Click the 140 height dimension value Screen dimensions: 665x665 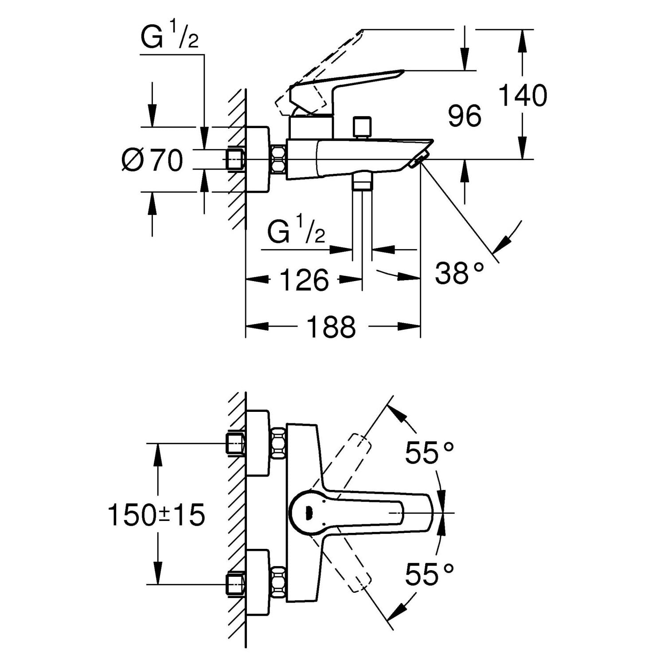pos(523,95)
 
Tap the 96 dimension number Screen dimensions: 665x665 pos(464,116)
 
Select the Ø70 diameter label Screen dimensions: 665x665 pos(152,160)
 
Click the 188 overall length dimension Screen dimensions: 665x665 pos(331,327)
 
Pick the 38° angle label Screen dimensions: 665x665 pos(459,273)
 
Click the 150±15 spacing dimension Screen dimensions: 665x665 pos(156,515)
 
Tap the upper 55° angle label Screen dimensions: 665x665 pos(429,453)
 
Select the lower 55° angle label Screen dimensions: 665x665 pos(429,575)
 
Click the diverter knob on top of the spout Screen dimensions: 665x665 pos(363,128)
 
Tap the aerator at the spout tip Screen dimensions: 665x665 pos(419,160)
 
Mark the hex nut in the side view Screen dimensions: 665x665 pos(278,159)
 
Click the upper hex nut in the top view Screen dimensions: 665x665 pos(278,442)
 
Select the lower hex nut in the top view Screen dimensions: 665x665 pos(278,581)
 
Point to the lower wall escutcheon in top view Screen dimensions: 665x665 pos(258,583)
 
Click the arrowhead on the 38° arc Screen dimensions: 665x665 pos(501,244)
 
